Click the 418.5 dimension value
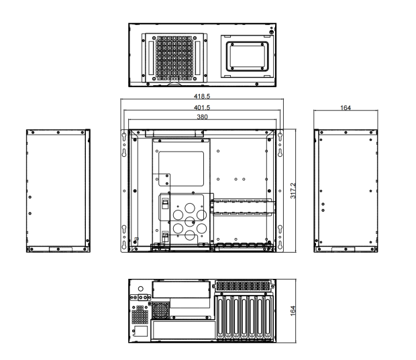(x=202, y=96)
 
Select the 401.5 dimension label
(x=202, y=107)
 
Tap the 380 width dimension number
(x=202, y=117)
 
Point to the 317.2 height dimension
(x=293, y=190)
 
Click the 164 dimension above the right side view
(x=346, y=108)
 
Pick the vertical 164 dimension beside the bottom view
(x=293, y=310)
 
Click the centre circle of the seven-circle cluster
(x=190, y=221)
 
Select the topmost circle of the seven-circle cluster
(x=190, y=208)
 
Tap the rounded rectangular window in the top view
(x=248, y=56)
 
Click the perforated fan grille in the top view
(x=174, y=58)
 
